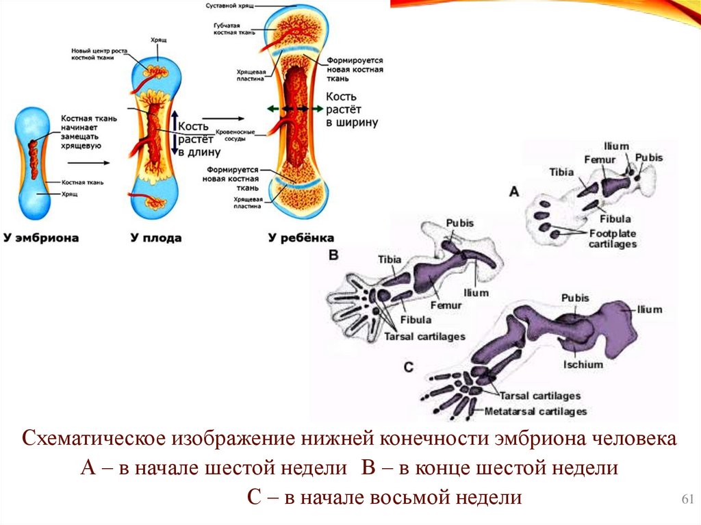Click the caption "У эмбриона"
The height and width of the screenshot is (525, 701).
(41, 238)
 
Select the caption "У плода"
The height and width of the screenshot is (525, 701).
(156, 238)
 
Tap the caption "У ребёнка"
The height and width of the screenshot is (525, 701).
(301, 238)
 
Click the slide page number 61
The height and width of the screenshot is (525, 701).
(685, 499)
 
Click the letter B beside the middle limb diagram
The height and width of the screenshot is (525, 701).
(334, 255)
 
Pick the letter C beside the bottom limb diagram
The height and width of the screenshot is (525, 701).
(409, 368)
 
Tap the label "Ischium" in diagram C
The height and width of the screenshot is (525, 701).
(583, 364)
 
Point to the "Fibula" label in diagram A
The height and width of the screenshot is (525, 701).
(615, 219)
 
